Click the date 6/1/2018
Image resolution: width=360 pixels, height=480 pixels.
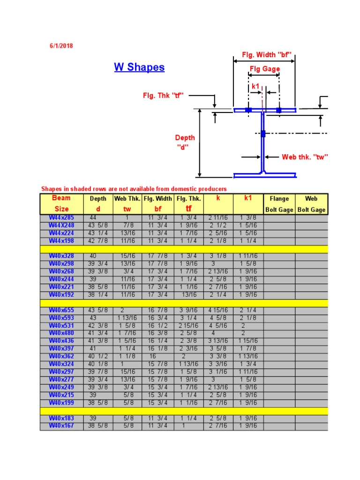[x=61, y=46]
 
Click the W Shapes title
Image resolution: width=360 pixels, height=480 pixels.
[x=139, y=67]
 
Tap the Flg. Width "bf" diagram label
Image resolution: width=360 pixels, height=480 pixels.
[x=267, y=55]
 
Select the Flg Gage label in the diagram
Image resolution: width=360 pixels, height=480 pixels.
[x=265, y=69]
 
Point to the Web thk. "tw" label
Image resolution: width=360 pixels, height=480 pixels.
[x=305, y=157]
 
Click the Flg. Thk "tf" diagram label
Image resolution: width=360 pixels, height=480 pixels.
[x=163, y=96]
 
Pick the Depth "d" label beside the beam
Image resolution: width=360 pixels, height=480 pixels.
[x=185, y=142]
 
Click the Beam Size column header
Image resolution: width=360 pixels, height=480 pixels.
[x=61, y=203]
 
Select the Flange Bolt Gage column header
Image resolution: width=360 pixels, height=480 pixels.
[x=279, y=204]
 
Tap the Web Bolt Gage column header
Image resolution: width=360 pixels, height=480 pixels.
[x=311, y=204]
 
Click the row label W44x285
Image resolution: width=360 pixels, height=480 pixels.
[x=61, y=218]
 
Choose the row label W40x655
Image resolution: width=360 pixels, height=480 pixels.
[x=61, y=310]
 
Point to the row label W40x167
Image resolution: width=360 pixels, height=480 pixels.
[x=61, y=426]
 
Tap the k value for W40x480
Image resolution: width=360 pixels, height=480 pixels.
[x=218, y=333]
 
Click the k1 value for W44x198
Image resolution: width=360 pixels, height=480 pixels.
[x=248, y=241]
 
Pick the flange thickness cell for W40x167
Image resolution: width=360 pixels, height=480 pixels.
[x=188, y=426]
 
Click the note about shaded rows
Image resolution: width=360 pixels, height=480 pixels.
[x=134, y=189]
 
